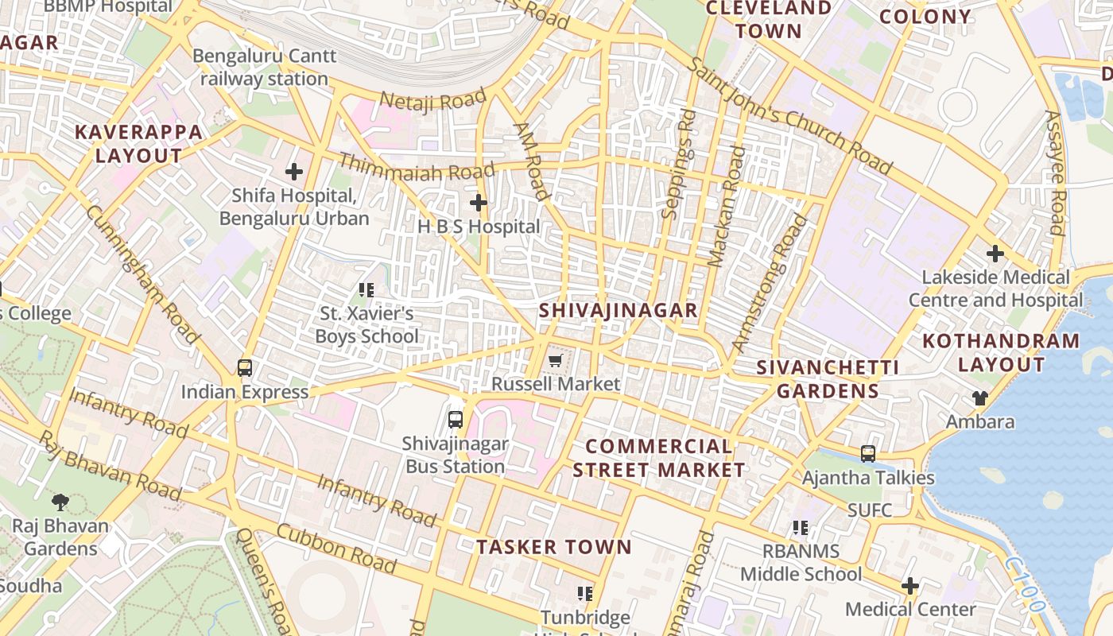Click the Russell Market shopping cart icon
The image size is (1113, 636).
point(555,362)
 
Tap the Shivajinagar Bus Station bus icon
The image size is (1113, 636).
point(456,420)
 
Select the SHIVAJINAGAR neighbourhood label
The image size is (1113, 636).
point(618,310)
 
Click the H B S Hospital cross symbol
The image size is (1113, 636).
point(478,204)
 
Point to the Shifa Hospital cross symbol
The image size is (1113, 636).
point(294,171)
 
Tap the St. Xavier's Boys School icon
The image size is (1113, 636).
point(366,290)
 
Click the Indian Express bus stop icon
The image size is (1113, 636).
point(245,368)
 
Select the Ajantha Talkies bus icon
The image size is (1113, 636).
point(868,454)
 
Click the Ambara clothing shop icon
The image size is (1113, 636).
point(979,398)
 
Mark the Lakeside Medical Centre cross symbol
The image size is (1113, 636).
point(995,254)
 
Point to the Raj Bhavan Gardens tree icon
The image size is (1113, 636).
point(60,502)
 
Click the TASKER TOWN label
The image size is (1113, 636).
point(553,547)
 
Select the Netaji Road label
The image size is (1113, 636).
point(432,101)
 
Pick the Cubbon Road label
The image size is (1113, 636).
point(336,549)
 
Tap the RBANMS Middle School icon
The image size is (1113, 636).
point(801,528)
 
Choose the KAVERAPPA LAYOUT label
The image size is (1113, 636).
point(139,144)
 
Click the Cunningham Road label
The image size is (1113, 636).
point(143,274)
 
